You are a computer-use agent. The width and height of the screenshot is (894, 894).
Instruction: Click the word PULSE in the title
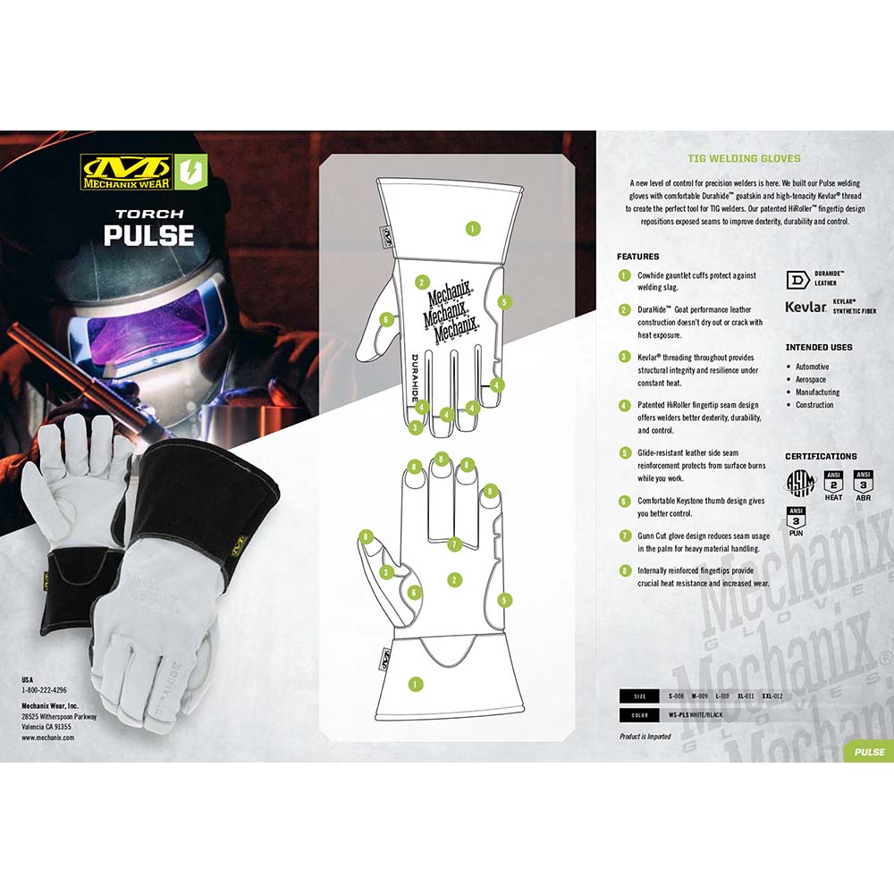click(x=148, y=235)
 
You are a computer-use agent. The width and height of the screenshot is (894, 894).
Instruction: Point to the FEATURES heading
click(x=638, y=257)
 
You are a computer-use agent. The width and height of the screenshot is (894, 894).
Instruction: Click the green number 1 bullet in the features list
click(x=625, y=275)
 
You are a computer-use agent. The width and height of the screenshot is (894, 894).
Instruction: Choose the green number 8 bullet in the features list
click(x=625, y=570)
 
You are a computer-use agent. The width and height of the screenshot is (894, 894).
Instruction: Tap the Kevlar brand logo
click(x=805, y=307)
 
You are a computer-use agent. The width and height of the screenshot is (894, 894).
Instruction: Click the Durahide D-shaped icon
click(x=798, y=278)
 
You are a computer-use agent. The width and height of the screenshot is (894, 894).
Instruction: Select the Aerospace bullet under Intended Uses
click(x=811, y=380)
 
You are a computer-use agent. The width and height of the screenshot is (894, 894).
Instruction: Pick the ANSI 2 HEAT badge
click(x=832, y=484)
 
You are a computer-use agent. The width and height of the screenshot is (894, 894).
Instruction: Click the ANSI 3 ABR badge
click(x=864, y=484)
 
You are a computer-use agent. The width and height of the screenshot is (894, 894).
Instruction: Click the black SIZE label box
click(x=638, y=696)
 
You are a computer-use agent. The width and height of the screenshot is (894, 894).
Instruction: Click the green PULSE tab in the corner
click(x=869, y=752)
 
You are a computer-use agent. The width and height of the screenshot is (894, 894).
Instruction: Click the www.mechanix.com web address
click(x=48, y=738)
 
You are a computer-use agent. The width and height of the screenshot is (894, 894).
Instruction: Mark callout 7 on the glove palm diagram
click(x=454, y=544)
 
